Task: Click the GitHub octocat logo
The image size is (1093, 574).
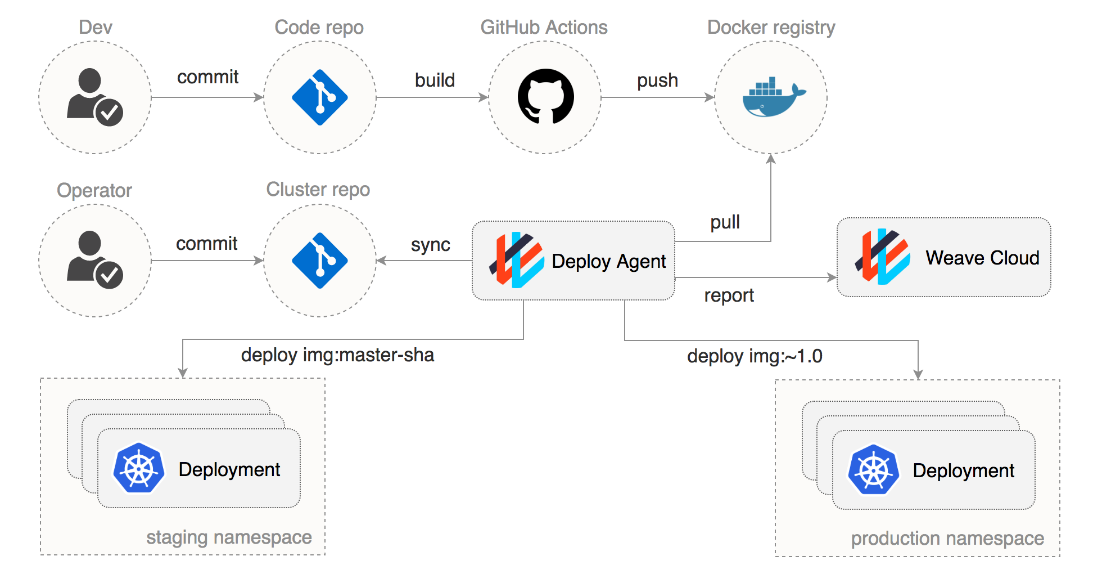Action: click(x=545, y=97)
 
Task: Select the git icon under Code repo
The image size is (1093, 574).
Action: click(x=320, y=97)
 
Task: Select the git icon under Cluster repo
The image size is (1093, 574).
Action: click(x=320, y=261)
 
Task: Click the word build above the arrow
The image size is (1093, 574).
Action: click(x=435, y=80)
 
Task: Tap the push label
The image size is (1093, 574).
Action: click(x=657, y=80)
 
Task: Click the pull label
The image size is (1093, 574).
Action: click(x=725, y=222)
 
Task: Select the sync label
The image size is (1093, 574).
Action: click(x=430, y=245)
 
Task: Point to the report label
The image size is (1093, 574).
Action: click(x=729, y=295)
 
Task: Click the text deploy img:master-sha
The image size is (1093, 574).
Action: click(x=337, y=355)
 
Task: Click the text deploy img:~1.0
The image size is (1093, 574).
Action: click(x=755, y=356)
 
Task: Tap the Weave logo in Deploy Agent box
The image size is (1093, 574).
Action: click(x=517, y=260)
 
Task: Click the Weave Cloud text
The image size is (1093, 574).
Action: click(x=982, y=258)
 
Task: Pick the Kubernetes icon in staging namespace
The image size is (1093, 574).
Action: click(x=138, y=468)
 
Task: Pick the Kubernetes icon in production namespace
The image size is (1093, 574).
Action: click(x=873, y=470)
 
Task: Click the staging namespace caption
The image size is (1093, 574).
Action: click(x=229, y=537)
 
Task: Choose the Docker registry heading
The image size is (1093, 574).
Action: click(x=771, y=28)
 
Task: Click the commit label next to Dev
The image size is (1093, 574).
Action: click(x=207, y=77)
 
